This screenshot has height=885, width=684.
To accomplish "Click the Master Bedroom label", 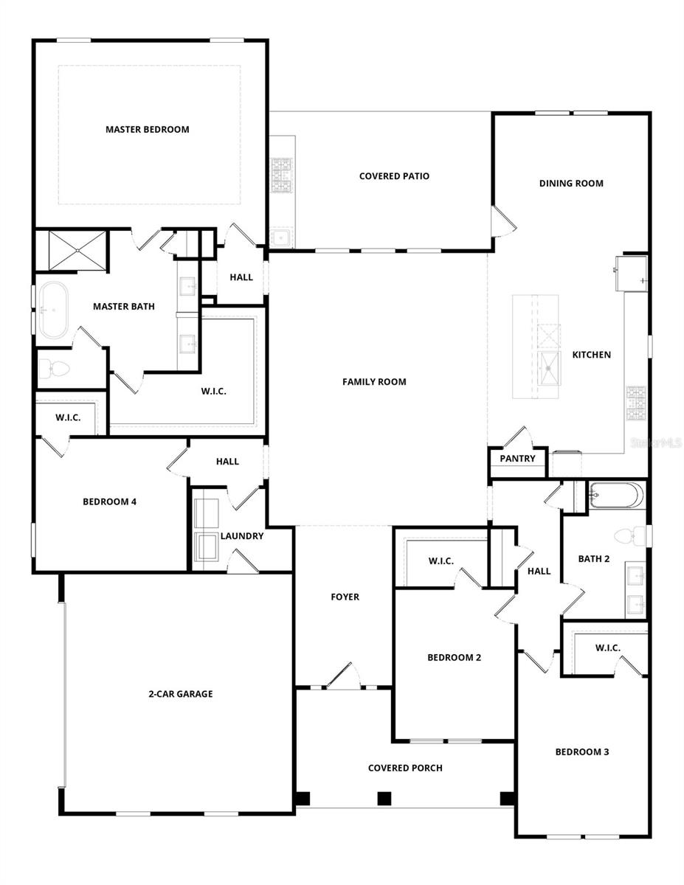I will (x=147, y=129).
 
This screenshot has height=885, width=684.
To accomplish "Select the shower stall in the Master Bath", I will (x=77, y=251).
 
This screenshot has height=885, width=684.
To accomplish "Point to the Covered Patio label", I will (x=394, y=176).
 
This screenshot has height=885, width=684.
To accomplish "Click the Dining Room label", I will (x=571, y=183).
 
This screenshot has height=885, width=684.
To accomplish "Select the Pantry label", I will (x=517, y=458).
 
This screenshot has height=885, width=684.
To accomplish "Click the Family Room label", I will (x=374, y=381).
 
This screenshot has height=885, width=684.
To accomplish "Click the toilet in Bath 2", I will (x=626, y=535).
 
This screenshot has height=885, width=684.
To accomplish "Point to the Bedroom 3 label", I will (x=581, y=752).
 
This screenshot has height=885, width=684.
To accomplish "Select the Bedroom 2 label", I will (x=455, y=657).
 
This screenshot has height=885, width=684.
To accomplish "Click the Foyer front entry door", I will (x=342, y=677).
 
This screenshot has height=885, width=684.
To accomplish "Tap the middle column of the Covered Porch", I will (x=383, y=798).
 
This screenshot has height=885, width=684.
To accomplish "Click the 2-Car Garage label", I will (x=179, y=693).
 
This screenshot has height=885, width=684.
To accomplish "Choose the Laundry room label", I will (x=241, y=536).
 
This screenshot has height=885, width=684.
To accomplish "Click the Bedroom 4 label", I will (x=109, y=502).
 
